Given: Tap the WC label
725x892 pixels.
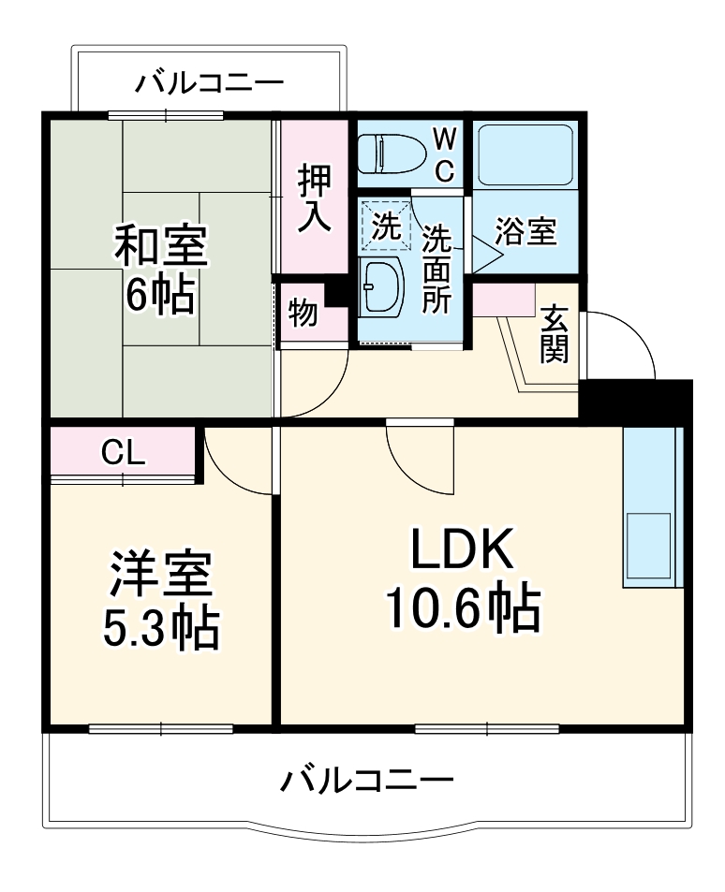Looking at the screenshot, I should point(445,155).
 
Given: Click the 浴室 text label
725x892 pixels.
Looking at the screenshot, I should point(525,230).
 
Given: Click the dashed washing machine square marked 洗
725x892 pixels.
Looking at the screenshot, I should point(385,225).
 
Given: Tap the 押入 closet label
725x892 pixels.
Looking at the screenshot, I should point(314,197).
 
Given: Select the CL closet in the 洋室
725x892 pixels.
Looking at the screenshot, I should point(123,453).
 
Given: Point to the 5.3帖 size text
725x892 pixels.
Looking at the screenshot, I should point(160,628).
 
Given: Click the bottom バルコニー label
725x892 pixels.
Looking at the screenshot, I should point(368,779).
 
